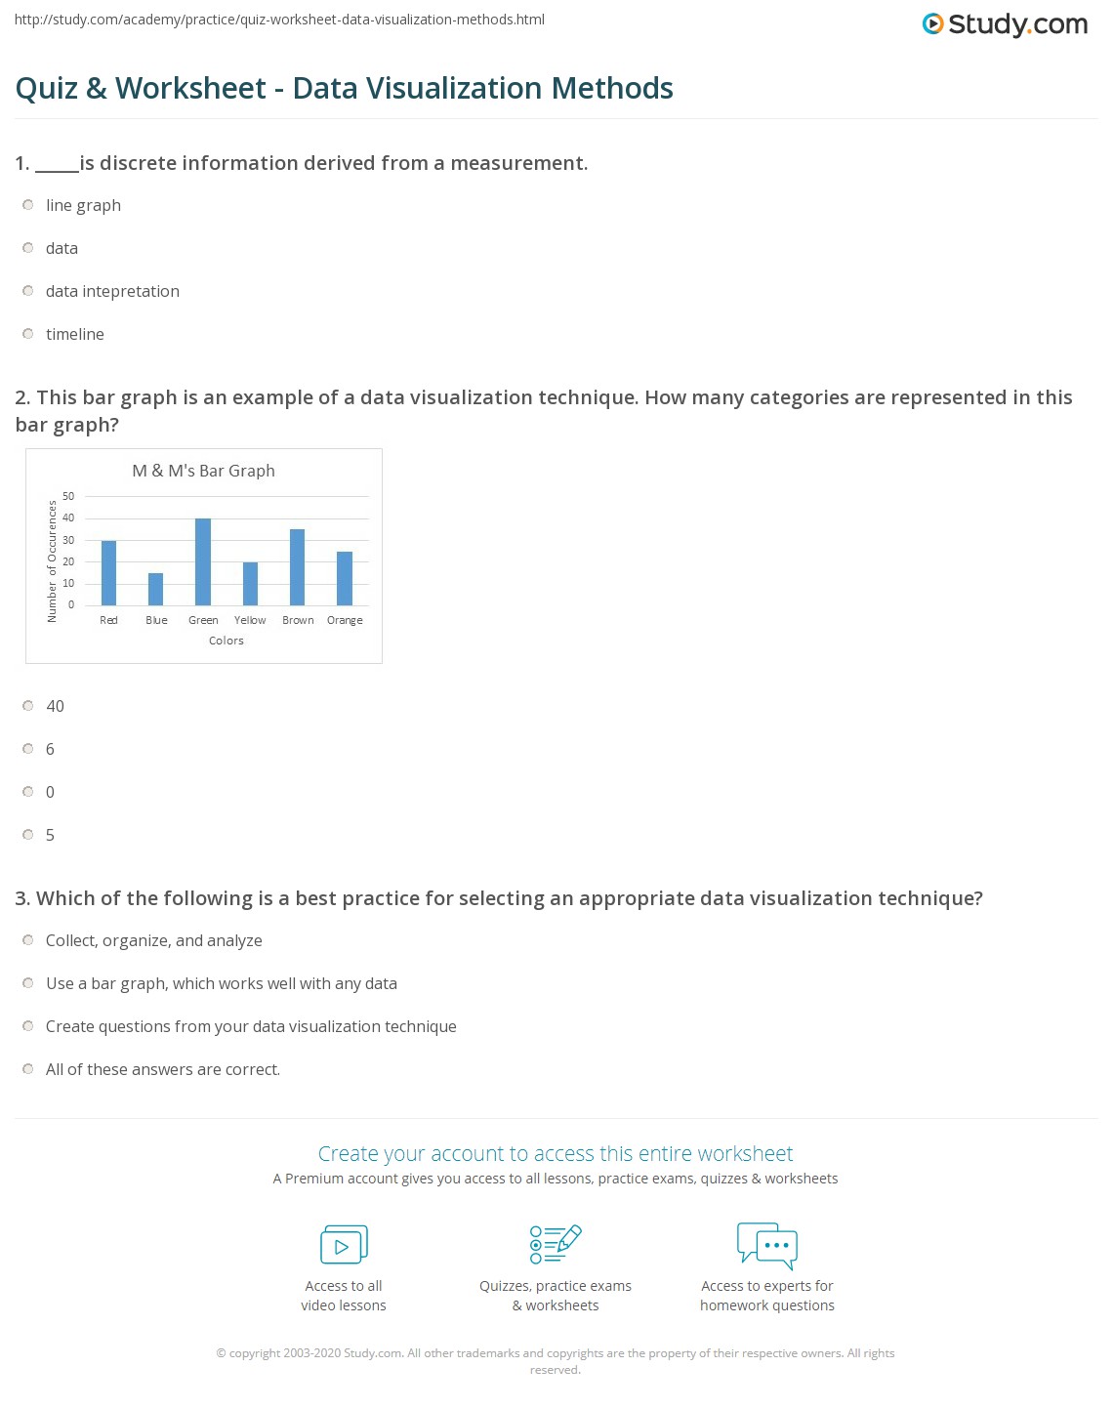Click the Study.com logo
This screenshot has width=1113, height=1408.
1005,24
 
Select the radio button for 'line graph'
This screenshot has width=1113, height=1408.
28,205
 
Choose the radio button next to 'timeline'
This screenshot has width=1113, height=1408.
28,334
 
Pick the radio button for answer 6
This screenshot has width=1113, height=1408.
28,749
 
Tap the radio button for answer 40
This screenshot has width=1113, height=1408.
28,706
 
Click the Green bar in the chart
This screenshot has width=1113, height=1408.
203,562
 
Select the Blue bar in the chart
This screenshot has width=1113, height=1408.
156,589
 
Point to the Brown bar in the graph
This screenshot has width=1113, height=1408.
298,567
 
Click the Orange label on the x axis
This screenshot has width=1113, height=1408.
345,620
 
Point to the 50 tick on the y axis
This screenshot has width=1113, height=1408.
68,496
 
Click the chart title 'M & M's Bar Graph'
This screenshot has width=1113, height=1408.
203,471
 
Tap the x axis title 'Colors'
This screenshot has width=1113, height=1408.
226,641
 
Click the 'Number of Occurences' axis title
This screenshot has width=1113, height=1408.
53,561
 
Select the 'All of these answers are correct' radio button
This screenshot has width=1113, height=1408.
28,1069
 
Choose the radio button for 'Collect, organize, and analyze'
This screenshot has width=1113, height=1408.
28,940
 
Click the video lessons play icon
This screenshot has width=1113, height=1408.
344,1245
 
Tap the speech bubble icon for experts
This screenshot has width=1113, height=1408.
766,1245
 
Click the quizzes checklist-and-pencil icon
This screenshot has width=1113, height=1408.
556,1244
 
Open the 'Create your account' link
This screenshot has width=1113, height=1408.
556,1153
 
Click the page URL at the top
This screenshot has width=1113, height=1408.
279,20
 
